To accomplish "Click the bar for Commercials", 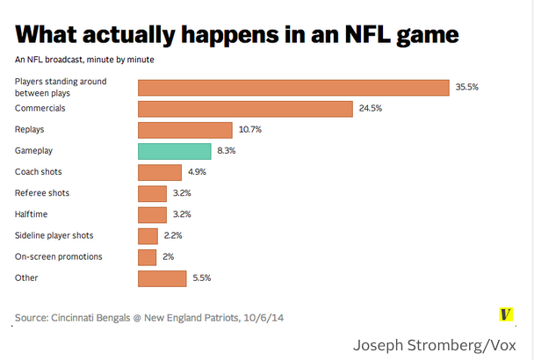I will [x=245, y=109].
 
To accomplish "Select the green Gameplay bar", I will [x=174, y=151].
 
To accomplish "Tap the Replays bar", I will [x=184, y=130].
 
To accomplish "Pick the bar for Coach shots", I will [x=160, y=172].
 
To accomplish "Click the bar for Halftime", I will [x=152, y=214].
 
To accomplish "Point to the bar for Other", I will [x=162, y=278].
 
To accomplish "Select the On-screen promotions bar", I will [x=147, y=256].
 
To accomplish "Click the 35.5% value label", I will [x=466, y=87].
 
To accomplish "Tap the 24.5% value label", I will [x=371, y=109].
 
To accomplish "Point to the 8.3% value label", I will [x=227, y=151].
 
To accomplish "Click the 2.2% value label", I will [x=173, y=235].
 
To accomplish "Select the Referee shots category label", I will [x=42, y=193].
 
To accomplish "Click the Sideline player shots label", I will [x=54, y=235].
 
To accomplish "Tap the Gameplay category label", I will [x=34, y=151].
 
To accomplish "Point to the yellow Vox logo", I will [x=505, y=313].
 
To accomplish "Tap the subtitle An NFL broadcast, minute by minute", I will [x=84, y=60].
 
